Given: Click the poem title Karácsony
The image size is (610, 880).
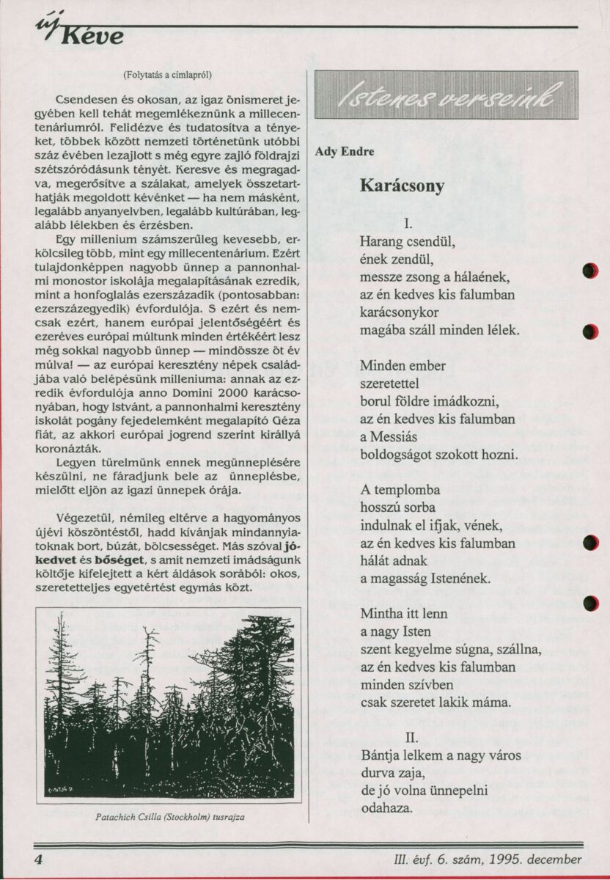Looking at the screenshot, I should coord(402,186).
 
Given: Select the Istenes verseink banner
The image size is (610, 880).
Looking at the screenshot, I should coord(446,95).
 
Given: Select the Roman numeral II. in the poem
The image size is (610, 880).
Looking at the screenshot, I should coord(411,736).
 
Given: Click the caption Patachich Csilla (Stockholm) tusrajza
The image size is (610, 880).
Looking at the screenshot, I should coord(169,816).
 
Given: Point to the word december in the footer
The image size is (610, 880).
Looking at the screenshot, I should coord(558,859).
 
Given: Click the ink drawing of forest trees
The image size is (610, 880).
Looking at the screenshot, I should coord(169,705).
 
